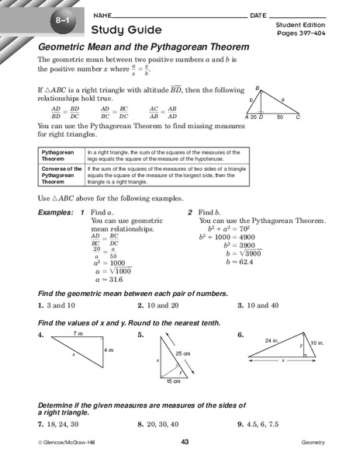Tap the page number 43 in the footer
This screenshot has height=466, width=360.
[185, 442]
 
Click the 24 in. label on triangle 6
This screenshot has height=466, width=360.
[271, 340]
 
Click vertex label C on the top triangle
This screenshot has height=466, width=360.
[298, 116]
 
